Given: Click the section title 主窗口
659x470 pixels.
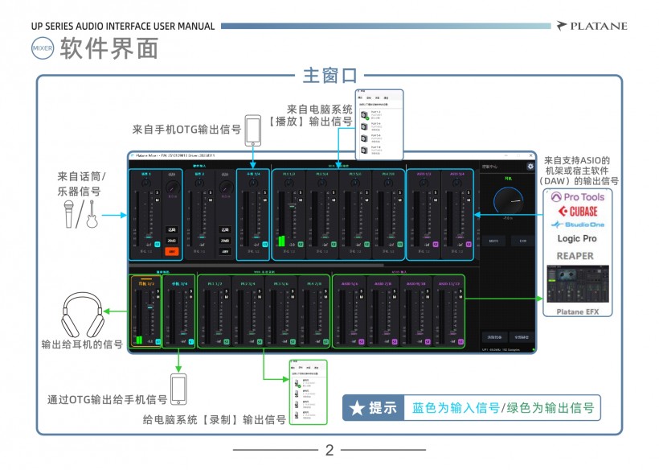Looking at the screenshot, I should pyautogui.click(x=329, y=76).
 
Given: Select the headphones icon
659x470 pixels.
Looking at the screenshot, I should pyautogui.click(x=83, y=313).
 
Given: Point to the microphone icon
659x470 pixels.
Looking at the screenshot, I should pyautogui.click(x=70, y=214).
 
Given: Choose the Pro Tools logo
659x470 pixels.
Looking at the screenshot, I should pyautogui.click(x=577, y=196).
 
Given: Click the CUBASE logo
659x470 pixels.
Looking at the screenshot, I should pyautogui.click(x=577, y=211).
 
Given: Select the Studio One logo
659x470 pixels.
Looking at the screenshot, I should pyautogui.click(x=577, y=225).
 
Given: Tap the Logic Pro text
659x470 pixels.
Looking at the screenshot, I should pyautogui.click(x=577, y=239).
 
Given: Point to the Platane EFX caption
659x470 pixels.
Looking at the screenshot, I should pyautogui.click(x=577, y=311).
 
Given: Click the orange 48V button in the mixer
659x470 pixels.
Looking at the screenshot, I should pyautogui.click(x=170, y=251).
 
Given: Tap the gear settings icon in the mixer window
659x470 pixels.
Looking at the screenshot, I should pyautogui.click(x=530, y=167).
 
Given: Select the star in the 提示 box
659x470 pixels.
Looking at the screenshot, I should pyautogui.click(x=356, y=408).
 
